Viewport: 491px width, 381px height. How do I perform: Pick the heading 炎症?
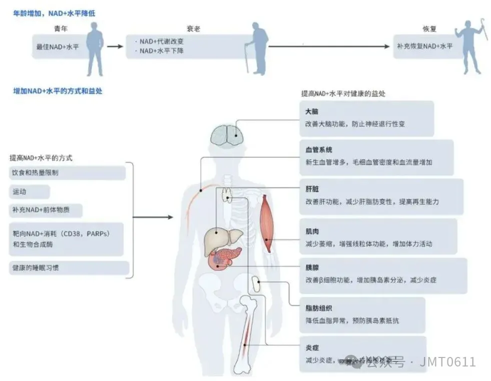tap(312, 347)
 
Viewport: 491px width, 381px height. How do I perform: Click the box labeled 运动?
tap(29, 192)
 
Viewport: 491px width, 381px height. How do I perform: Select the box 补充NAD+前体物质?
tap(46, 210)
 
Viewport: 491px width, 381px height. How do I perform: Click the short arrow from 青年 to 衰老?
tap(115, 47)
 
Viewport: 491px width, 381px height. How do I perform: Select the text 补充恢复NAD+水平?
tap(424, 46)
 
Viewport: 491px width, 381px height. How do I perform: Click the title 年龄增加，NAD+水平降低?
tap(54, 14)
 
